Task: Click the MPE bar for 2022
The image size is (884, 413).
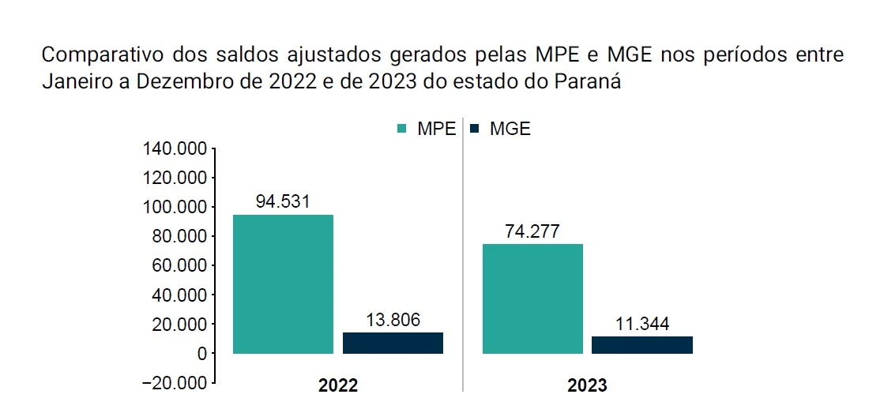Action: coord(283,283)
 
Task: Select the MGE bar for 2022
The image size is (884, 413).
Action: coord(393,343)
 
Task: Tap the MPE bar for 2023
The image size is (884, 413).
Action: coord(532,298)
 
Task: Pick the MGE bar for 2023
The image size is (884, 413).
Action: coord(641,344)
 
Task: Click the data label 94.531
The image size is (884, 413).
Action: coord(283,201)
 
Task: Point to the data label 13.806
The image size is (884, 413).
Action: coord(393,320)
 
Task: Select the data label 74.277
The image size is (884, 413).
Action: coord(532,231)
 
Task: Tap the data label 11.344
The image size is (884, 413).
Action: coord(641,324)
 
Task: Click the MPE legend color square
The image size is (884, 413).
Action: coord(401,129)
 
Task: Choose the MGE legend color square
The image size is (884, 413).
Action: coord(475,129)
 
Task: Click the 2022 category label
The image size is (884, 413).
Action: coord(338,386)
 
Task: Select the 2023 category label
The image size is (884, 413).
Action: coord(587,386)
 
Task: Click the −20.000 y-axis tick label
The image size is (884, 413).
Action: coord(171,383)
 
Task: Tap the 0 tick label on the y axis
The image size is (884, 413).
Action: coord(201,354)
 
